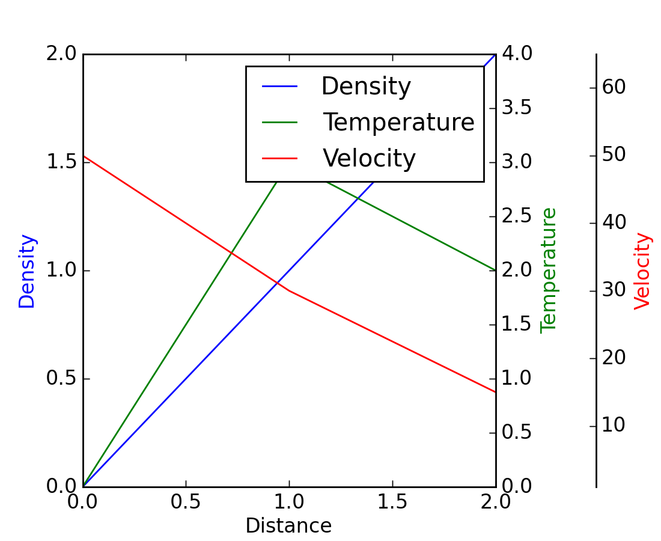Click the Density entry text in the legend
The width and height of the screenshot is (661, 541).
366,87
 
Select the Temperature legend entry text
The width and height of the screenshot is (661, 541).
399,123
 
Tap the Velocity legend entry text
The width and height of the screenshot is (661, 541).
369,159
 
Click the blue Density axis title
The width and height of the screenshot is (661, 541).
27,271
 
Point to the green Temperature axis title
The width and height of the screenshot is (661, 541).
549,270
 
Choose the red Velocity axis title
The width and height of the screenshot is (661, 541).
642,271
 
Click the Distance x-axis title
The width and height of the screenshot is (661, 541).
288,526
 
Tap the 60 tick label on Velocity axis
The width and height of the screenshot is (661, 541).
614,88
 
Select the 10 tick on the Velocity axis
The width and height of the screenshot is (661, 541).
614,426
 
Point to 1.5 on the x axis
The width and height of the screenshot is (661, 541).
392,503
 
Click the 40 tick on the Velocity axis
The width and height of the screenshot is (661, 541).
614,223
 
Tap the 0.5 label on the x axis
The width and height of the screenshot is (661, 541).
186,503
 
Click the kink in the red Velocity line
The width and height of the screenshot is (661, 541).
289,290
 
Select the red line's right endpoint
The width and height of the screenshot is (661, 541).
496,392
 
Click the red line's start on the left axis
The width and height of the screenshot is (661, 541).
84,156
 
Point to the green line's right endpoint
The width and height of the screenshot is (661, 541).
496,270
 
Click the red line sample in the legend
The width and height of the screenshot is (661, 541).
280,159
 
